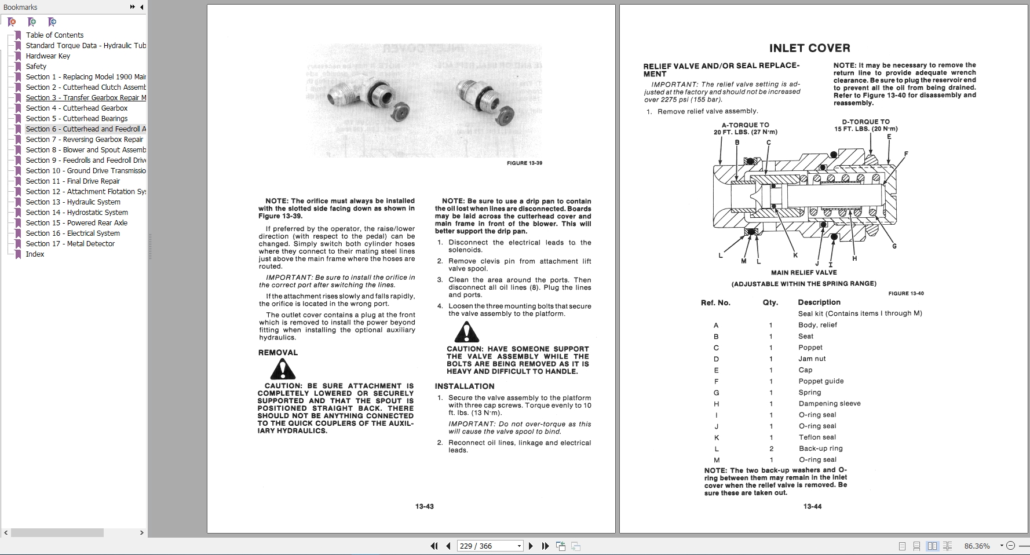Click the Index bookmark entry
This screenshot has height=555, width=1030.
(x=35, y=254)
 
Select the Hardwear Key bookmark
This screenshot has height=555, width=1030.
(x=48, y=56)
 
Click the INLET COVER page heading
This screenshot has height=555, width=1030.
(x=809, y=48)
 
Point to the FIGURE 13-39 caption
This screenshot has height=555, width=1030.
(x=524, y=163)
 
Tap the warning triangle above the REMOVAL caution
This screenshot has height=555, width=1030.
(x=283, y=368)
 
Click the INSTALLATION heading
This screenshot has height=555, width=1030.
(x=465, y=386)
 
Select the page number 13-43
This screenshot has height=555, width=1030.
(x=424, y=506)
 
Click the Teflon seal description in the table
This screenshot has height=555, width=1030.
(x=817, y=437)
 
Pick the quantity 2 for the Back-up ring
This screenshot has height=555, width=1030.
(x=771, y=449)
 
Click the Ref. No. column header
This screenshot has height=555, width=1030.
(x=715, y=303)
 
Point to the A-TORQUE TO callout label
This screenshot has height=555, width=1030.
(x=745, y=125)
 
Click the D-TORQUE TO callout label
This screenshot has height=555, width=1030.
(x=865, y=122)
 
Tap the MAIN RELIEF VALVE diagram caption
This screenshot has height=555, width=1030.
(x=803, y=272)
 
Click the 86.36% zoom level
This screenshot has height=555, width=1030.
(x=977, y=546)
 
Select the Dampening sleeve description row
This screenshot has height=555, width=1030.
(x=829, y=404)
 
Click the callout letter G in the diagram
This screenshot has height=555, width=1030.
(x=894, y=246)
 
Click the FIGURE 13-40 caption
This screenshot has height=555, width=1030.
(x=906, y=294)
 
